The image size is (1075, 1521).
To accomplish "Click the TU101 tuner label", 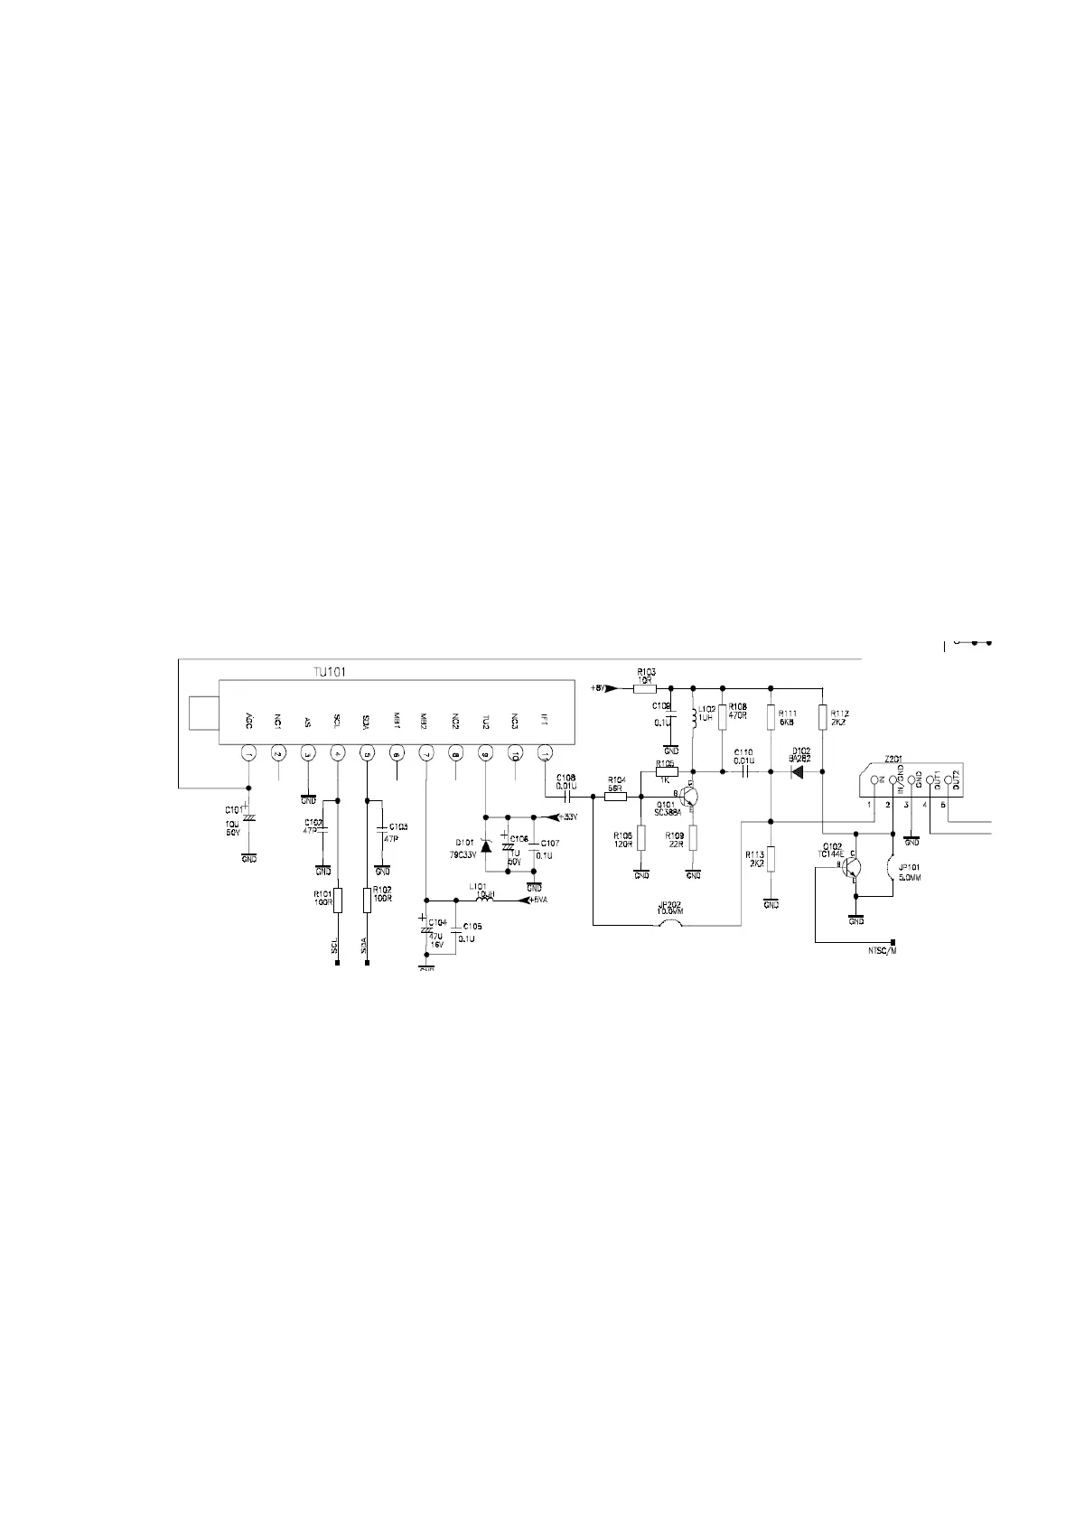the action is click(x=330, y=671).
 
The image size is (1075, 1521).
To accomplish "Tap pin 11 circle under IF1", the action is click(x=545, y=752).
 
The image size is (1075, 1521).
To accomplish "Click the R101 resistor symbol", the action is click(x=337, y=899).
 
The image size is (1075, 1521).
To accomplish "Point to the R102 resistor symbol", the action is click(x=367, y=899).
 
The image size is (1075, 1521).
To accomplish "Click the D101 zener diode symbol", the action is click(x=486, y=845).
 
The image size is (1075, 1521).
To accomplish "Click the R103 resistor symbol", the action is click(x=644, y=688).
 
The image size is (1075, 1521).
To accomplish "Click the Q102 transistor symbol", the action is click(x=850, y=867).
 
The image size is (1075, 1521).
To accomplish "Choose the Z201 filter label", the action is click(x=893, y=759).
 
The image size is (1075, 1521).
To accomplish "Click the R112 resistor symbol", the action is click(x=822, y=717).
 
